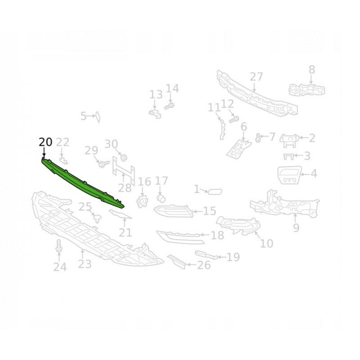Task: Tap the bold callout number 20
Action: point(45,142)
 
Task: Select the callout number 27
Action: point(256,76)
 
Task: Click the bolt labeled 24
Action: point(59,246)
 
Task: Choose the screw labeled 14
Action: point(169,106)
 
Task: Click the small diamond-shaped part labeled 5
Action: point(98,117)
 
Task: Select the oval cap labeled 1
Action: point(215,191)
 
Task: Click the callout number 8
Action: point(311,70)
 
